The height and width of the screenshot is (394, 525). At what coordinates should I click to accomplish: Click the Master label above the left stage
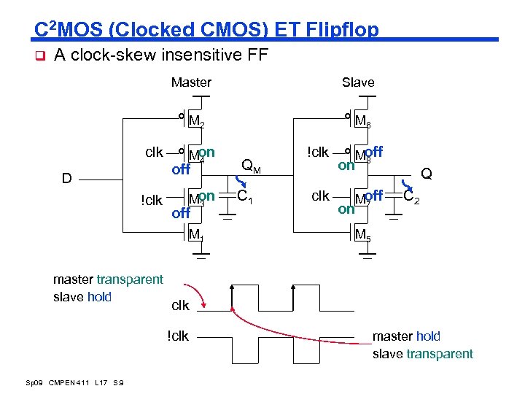(x=191, y=82)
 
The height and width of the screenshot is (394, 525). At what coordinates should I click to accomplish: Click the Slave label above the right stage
(x=358, y=82)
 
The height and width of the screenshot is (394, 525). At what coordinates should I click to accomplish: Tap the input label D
(x=67, y=178)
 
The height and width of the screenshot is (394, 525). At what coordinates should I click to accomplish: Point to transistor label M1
(x=196, y=235)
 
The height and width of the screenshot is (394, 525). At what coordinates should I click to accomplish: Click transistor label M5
(x=363, y=235)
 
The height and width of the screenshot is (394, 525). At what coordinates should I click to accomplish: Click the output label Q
(x=427, y=174)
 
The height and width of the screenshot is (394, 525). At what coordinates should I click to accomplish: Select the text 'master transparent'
(x=108, y=279)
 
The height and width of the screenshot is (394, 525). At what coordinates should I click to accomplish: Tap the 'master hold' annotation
(x=407, y=336)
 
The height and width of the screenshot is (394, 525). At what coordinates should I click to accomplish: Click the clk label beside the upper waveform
(x=180, y=305)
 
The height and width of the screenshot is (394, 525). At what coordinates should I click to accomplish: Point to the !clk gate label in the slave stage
(x=319, y=152)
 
